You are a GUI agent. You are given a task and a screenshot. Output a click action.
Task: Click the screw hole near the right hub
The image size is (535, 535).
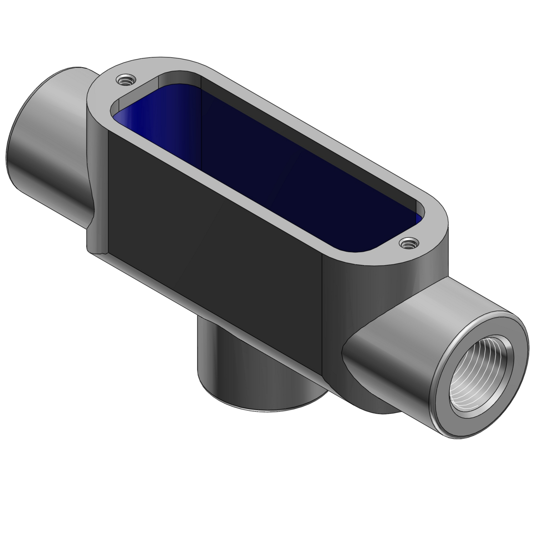[408, 244]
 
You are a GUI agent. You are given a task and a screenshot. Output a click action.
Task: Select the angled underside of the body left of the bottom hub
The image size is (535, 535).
[150, 271]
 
